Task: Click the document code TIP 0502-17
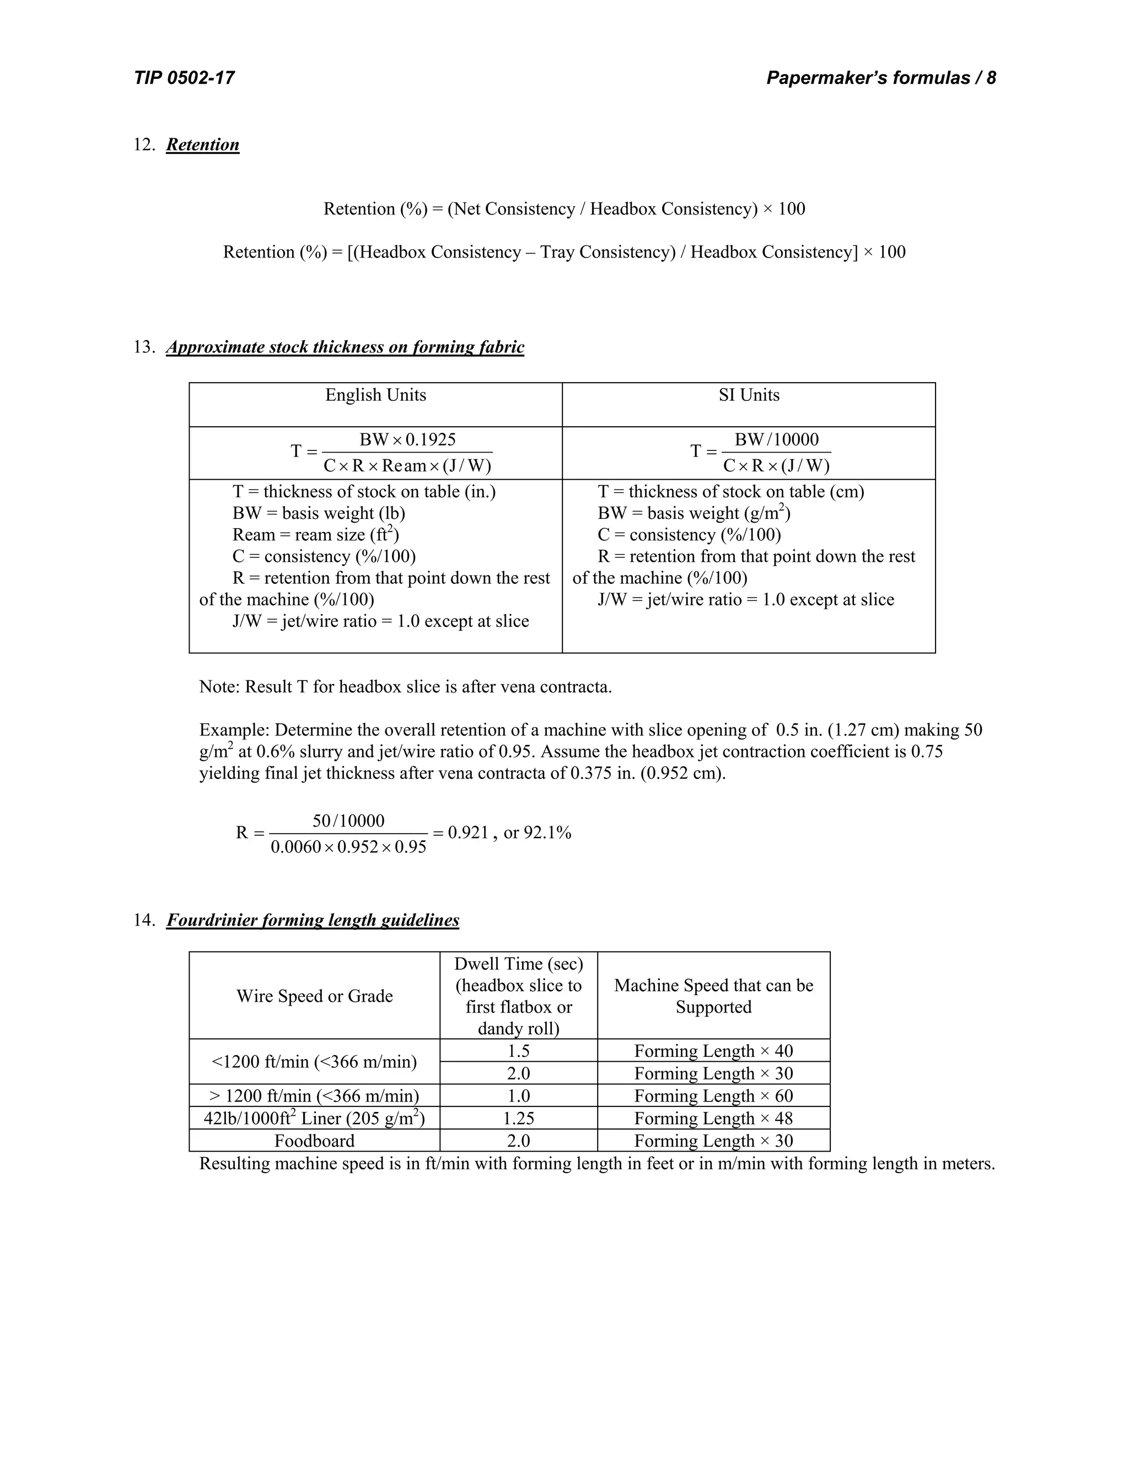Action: (184, 78)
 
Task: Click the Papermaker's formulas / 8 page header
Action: (880, 78)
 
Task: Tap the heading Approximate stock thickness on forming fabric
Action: (345, 347)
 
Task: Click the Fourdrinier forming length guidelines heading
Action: (313, 921)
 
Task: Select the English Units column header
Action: (375, 395)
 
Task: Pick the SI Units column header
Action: (749, 395)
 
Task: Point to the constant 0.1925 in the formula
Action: (431, 439)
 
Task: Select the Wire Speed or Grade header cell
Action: (314, 996)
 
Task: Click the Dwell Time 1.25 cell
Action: (518, 1119)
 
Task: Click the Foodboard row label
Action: (314, 1141)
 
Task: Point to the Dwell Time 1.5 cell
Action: (518, 1051)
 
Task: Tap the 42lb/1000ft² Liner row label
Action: (314, 1119)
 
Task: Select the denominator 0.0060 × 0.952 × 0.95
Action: (348, 847)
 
